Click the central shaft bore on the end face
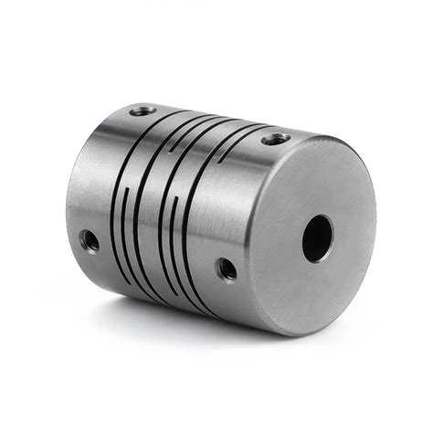click(x=317, y=238)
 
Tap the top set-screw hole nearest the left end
click(x=143, y=111)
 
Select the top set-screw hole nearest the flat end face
click(x=275, y=139)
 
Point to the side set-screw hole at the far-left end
click(x=89, y=240)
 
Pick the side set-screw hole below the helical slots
click(x=225, y=269)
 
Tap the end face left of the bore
click(x=274, y=238)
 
